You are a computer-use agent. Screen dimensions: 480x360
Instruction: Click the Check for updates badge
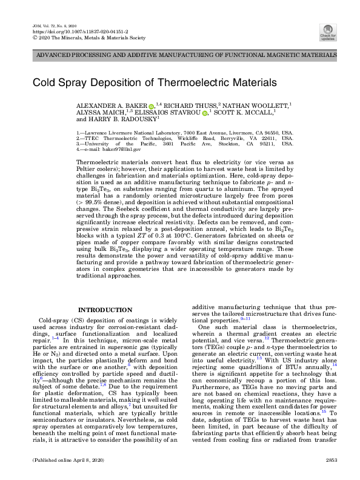[x=328, y=31]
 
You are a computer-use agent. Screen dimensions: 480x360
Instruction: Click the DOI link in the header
[x=61, y=30]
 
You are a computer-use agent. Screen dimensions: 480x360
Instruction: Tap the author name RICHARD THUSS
[x=189, y=106]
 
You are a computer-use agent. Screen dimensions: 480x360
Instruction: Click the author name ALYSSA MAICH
[x=97, y=113]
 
